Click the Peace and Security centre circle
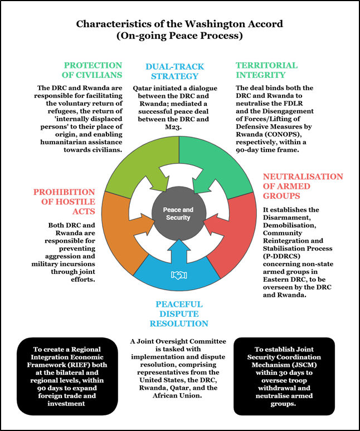[179, 213]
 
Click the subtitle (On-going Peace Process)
[179, 37]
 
